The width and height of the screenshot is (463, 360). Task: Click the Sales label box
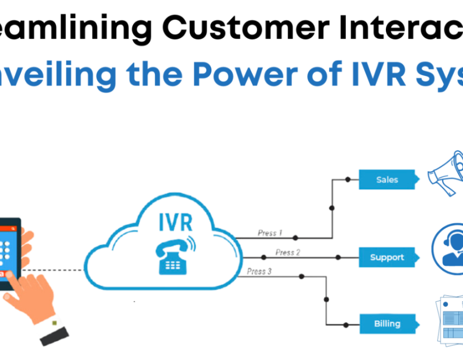point(387,179)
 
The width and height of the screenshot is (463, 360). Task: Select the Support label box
point(387,257)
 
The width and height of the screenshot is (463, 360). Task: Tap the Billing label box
point(387,323)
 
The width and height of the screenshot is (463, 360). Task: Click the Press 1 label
point(270,233)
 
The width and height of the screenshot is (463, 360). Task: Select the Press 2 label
point(288,253)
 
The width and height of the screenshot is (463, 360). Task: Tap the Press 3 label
point(259,271)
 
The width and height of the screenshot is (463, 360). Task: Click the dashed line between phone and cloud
point(62,270)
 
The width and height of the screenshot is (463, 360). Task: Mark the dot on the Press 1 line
point(295,238)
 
